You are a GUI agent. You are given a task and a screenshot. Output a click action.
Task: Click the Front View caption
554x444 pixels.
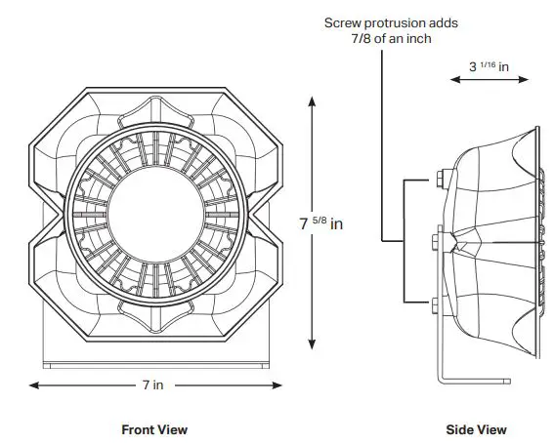pos(153,429)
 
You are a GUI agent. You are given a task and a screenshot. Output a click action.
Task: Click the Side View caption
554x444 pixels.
pos(478,429)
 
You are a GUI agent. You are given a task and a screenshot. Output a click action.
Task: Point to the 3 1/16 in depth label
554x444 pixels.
pos(489,66)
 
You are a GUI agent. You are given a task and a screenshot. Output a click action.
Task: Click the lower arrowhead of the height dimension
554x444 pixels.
pos(311,345)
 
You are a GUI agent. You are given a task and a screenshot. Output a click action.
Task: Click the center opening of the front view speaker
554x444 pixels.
pos(155,221)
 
